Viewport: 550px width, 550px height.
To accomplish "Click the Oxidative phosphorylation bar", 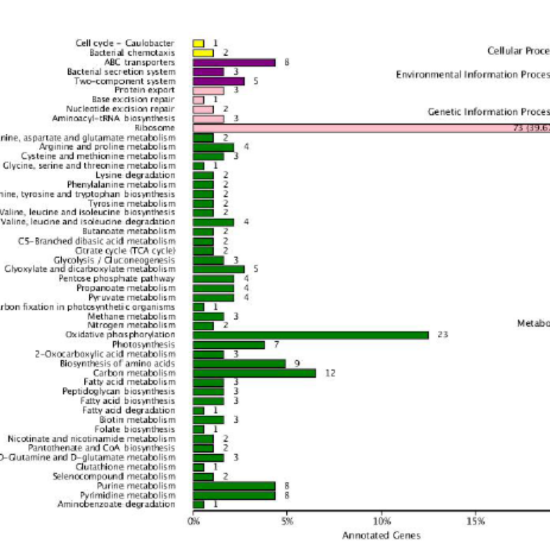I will tap(310, 335).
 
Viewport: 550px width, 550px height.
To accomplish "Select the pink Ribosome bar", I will tap(371, 128).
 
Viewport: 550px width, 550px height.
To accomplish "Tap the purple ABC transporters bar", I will tap(234, 62).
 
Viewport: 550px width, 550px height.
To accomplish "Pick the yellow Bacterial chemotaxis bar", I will tap(203, 53).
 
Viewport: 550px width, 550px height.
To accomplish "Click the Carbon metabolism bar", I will tap(254, 373).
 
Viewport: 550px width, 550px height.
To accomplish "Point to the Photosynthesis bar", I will tap(229, 345).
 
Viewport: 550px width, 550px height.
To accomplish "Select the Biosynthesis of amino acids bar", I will tap(239, 364).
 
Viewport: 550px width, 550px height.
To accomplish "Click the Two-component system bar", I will tap(219, 81).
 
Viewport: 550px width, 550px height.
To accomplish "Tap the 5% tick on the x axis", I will tap(287, 521).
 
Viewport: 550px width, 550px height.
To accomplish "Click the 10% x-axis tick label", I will tap(381, 521).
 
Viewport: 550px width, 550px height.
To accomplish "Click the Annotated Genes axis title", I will tap(381, 535).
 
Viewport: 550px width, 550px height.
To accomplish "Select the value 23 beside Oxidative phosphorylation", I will tap(443, 335).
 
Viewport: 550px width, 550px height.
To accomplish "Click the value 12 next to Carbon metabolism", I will tap(330, 373).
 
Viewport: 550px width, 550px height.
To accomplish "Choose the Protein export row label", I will tap(144, 90).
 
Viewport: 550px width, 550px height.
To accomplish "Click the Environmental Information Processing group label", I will tap(473, 75).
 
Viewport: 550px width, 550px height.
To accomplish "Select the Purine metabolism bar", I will tap(234, 486).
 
